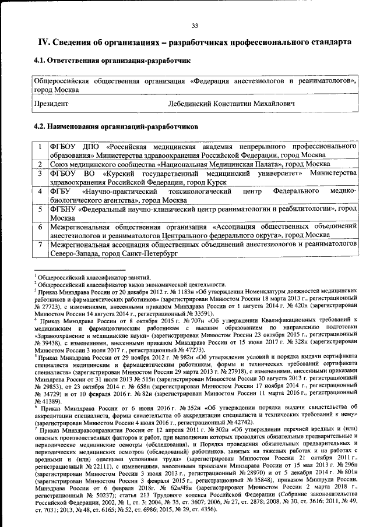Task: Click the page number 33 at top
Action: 195,24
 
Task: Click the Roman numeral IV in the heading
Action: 44,43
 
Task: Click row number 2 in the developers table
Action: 38,165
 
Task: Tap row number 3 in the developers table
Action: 38,174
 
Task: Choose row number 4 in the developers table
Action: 38,191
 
